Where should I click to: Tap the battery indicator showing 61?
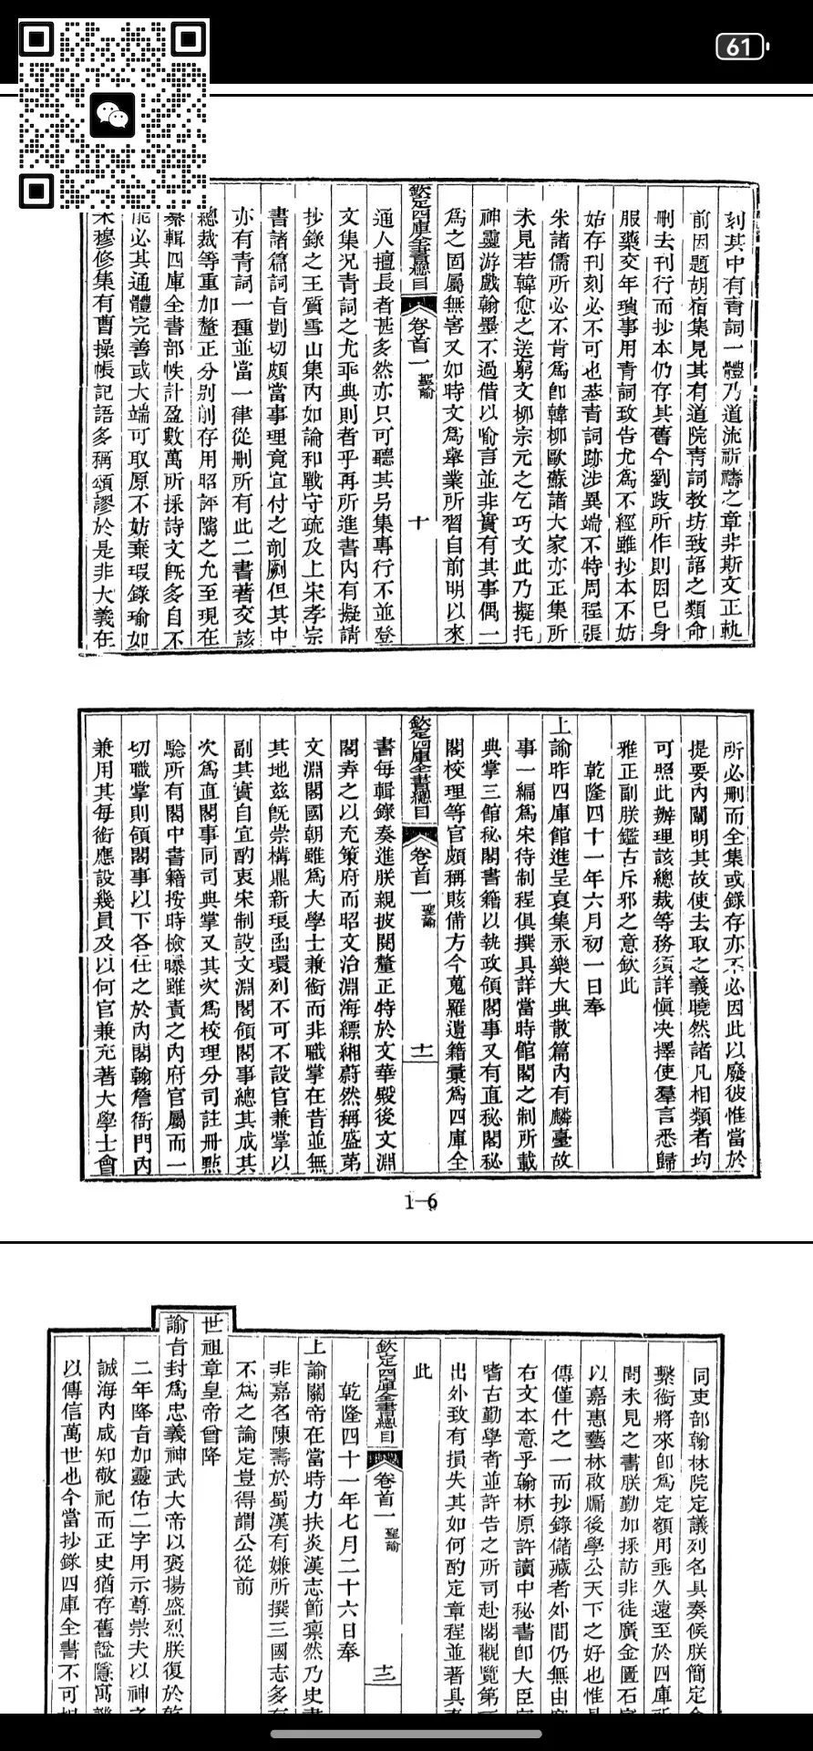741,47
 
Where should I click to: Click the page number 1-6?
421,1202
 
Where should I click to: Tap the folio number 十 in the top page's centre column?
419,522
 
